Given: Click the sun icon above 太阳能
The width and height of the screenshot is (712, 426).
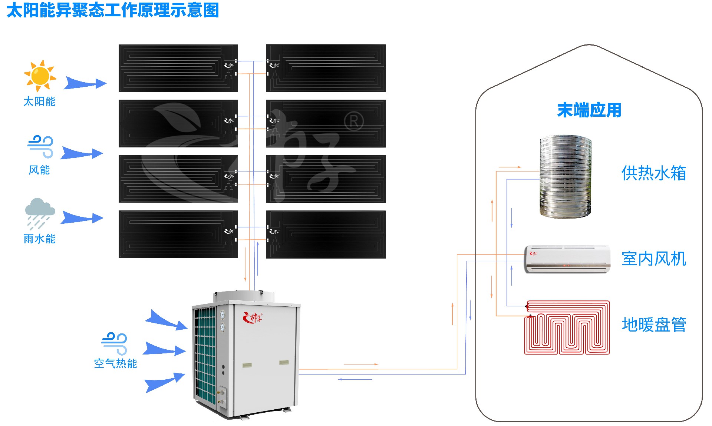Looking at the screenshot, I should [x=40, y=76].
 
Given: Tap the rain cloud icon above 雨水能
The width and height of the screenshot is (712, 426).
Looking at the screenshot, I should [x=40, y=213].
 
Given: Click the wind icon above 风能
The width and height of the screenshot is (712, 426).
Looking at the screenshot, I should [x=40, y=146].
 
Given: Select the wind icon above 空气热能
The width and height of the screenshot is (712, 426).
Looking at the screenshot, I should [x=115, y=343].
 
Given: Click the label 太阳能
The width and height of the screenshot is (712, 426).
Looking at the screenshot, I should [x=39, y=101].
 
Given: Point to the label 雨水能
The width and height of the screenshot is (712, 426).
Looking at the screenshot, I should [x=39, y=239].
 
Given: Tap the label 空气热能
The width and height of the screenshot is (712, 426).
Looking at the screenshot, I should [x=115, y=364].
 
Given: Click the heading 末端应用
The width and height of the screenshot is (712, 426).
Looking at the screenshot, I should [x=589, y=110].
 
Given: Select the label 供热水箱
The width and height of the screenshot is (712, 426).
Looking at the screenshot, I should [x=653, y=173].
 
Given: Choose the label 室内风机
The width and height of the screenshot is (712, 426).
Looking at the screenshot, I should [x=653, y=259].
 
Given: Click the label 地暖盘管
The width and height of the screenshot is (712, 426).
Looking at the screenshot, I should [x=653, y=325].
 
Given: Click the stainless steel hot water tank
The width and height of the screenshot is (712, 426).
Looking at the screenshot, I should [x=565, y=177].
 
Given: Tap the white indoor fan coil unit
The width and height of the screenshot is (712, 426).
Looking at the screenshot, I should [x=567, y=259].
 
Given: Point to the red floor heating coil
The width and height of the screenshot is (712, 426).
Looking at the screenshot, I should [x=567, y=328].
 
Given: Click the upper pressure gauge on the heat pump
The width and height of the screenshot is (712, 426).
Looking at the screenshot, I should [x=222, y=315].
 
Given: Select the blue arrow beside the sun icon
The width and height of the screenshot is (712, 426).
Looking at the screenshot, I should [x=85, y=83].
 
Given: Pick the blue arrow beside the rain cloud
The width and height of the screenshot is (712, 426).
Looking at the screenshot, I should [x=82, y=218].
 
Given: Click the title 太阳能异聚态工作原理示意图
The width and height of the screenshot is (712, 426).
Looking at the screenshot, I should [x=113, y=10].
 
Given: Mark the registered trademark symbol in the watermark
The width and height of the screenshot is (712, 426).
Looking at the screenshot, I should [x=354, y=122].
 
